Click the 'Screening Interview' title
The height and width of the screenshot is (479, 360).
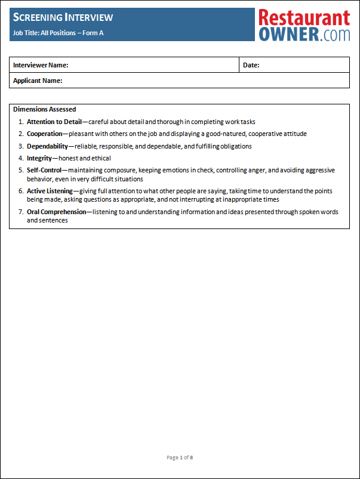63,18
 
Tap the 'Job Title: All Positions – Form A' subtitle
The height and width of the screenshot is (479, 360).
58,33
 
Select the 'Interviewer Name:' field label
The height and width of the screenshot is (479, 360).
41,65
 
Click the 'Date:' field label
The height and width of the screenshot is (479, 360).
251,65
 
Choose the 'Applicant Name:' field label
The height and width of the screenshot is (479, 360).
38,81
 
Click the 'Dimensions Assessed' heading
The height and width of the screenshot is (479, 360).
44,109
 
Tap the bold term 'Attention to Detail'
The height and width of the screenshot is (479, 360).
54,122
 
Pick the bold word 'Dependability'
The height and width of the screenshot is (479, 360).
47,146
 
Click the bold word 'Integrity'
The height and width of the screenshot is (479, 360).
39,158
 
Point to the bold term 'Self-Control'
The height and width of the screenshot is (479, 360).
44,170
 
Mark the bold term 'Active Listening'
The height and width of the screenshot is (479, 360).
50,191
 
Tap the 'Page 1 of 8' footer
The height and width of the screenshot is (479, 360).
180,458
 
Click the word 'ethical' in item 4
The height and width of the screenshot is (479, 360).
101,158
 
